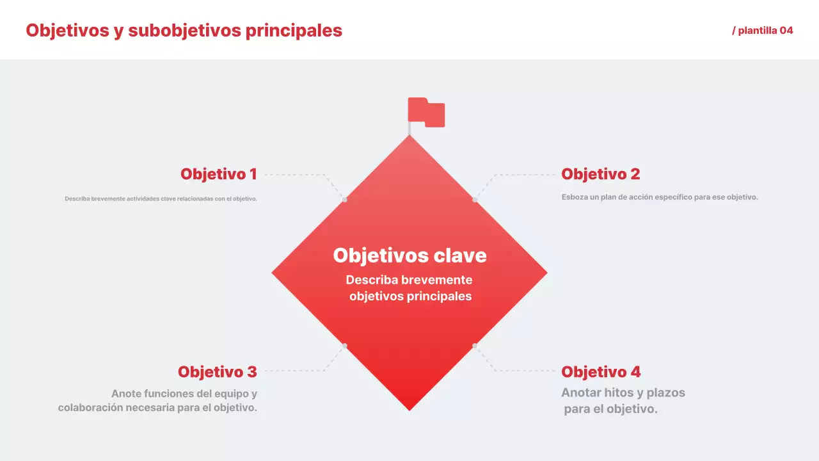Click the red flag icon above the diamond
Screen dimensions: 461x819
tap(426, 112)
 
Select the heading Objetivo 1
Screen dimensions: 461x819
tap(218, 174)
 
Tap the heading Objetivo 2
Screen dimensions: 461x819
tap(600, 174)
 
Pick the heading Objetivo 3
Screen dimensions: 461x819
tap(217, 372)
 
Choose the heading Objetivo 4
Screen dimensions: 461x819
tap(600, 372)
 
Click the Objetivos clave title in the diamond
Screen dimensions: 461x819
tap(409, 255)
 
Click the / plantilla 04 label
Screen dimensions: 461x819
tap(762, 31)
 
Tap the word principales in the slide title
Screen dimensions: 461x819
tap(294, 30)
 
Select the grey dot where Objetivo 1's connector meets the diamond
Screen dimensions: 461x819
tap(345, 200)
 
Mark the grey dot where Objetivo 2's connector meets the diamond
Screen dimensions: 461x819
tap(475, 200)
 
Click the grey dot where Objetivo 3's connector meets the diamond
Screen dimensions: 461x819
tap(345, 346)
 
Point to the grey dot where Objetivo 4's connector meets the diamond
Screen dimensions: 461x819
tap(475, 346)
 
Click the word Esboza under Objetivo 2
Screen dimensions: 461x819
tap(574, 197)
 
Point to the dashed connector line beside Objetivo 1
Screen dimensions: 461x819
tap(294, 174)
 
